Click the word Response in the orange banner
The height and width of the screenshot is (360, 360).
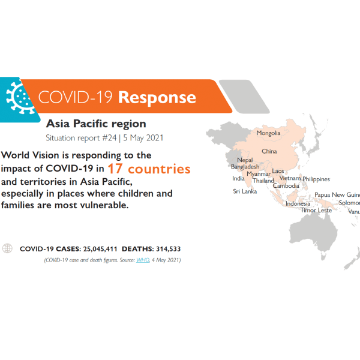pyautogui.click(x=157, y=97)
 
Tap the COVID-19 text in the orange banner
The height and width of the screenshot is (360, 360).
pyautogui.click(x=76, y=97)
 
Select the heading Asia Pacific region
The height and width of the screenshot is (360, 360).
pyautogui.click(x=96, y=124)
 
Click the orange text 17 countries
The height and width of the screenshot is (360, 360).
pyautogui.click(x=149, y=169)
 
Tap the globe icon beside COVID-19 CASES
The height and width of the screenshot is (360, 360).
pyautogui.click(x=8, y=248)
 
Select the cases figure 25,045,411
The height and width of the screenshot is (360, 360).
pyautogui.click(x=97, y=248)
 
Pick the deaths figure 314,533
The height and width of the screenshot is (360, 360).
pyautogui.click(x=165, y=248)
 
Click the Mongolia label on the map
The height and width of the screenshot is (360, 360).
pyautogui.click(x=268, y=133)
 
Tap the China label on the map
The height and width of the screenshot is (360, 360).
pyautogui.click(x=269, y=151)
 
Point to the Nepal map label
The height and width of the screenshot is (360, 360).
pyautogui.click(x=244, y=160)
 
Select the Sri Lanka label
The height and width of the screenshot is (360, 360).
pyautogui.click(x=245, y=191)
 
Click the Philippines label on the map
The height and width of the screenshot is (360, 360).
pyautogui.click(x=316, y=179)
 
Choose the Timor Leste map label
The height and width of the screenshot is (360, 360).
pyautogui.click(x=316, y=211)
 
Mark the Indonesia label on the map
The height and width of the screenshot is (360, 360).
pyautogui.click(x=298, y=203)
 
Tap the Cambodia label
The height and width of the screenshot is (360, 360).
pyautogui.click(x=286, y=186)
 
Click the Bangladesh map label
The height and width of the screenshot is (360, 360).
pyautogui.click(x=245, y=167)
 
